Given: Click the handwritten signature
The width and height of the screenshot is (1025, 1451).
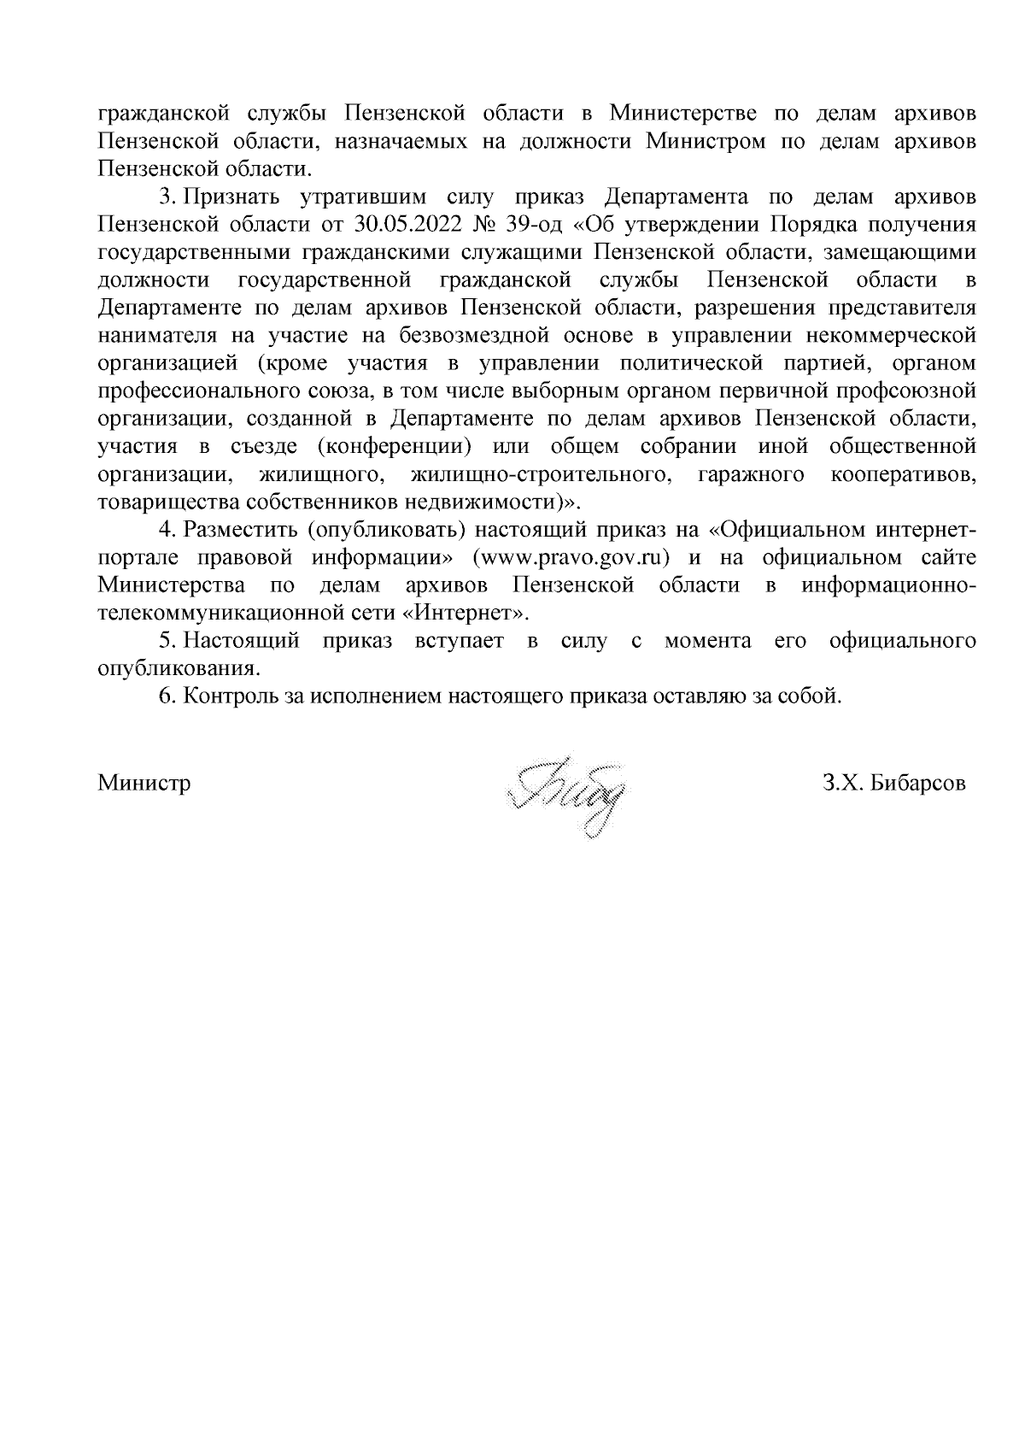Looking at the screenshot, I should click(x=565, y=795).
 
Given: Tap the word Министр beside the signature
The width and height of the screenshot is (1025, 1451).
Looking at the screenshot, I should click(x=144, y=784).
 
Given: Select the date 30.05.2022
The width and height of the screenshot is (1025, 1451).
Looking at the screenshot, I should click(x=395, y=225).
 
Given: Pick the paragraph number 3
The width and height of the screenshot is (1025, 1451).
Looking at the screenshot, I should click(x=167, y=197).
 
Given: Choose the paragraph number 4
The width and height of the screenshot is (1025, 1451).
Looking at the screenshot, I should click(x=167, y=530).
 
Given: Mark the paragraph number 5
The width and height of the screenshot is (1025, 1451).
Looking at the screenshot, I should click(x=167, y=640).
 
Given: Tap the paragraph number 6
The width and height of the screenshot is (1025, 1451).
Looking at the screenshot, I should click(x=167, y=696).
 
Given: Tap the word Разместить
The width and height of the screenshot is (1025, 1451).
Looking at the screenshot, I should click(x=240, y=530).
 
